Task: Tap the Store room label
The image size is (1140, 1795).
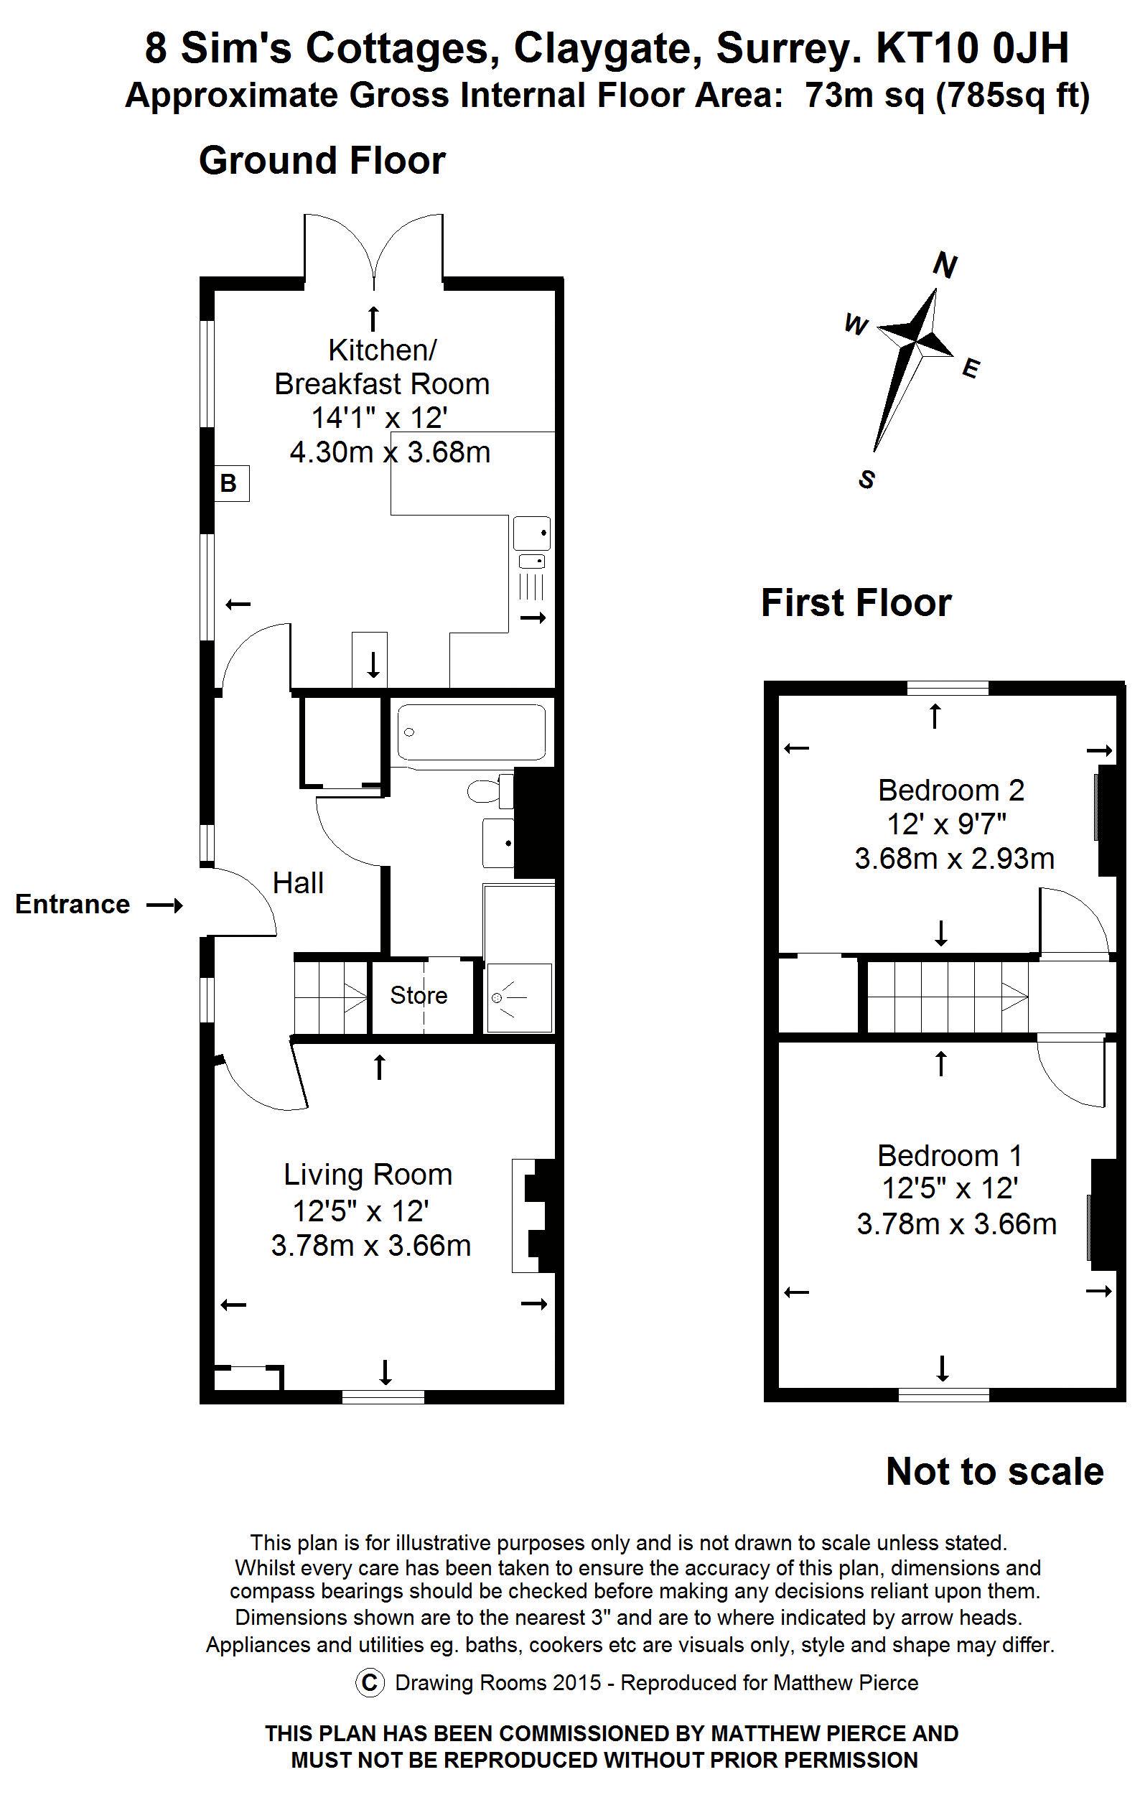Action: point(419,995)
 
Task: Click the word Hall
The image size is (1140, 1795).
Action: point(298,883)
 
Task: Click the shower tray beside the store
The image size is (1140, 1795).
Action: point(520,998)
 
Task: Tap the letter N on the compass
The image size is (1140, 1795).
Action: point(945,266)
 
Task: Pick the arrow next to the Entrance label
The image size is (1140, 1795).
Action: point(164,905)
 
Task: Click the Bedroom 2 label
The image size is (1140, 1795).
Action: point(950,789)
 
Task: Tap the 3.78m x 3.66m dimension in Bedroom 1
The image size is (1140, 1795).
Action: point(957,1224)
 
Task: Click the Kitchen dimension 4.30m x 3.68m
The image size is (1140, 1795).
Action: point(390,452)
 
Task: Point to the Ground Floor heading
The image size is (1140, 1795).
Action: point(322,160)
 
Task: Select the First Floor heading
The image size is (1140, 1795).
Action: point(856,602)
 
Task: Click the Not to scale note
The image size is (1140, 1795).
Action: point(995,1471)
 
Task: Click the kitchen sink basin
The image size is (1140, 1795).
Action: point(532,533)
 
